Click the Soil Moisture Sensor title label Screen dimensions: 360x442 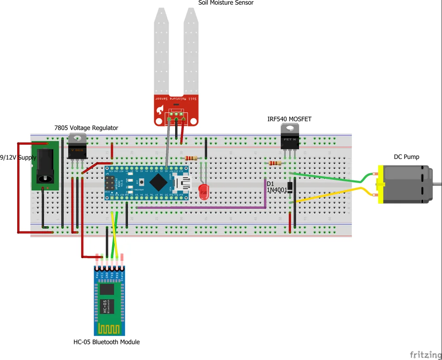coord(226,3)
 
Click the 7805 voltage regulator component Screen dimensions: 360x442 coord(77,145)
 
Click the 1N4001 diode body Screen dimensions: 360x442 coord(291,187)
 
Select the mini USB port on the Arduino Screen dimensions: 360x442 coord(183,183)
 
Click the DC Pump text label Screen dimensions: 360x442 coord(406,157)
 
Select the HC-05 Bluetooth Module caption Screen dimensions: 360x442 coord(107,342)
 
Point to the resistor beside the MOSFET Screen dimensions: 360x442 coord(275,163)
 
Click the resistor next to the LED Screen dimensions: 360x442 coord(191,158)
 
